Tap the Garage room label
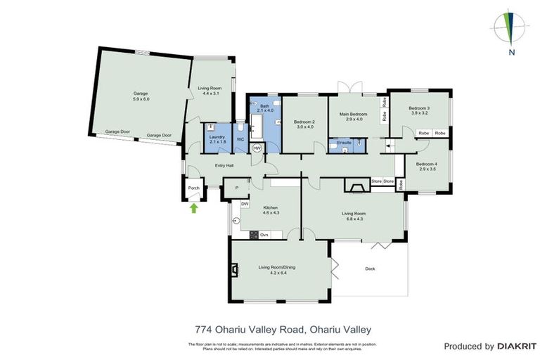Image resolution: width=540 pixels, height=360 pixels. pyautogui.click(x=141, y=93)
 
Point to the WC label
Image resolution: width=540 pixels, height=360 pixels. pyautogui.click(x=240, y=139)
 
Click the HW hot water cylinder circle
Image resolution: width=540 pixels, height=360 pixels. pyautogui.click(x=257, y=148)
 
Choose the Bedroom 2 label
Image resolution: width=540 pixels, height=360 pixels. pyautogui.click(x=304, y=122)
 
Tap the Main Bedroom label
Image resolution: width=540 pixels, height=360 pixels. pyautogui.click(x=353, y=114)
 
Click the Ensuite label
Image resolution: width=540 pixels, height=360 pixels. pyautogui.click(x=345, y=142)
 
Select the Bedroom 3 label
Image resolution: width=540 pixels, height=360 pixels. pyautogui.click(x=419, y=108)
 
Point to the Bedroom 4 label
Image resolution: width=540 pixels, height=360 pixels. pyautogui.click(x=427, y=164)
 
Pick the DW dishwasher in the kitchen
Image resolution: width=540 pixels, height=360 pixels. pyautogui.click(x=245, y=204)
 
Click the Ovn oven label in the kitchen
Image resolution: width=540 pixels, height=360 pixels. pyautogui.click(x=264, y=234)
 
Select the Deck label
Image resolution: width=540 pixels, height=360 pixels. pyautogui.click(x=370, y=269)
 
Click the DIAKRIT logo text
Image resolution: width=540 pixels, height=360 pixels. pyautogui.click(x=517, y=346)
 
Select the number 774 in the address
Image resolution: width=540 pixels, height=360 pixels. pyautogui.click(x=203, y=329)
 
